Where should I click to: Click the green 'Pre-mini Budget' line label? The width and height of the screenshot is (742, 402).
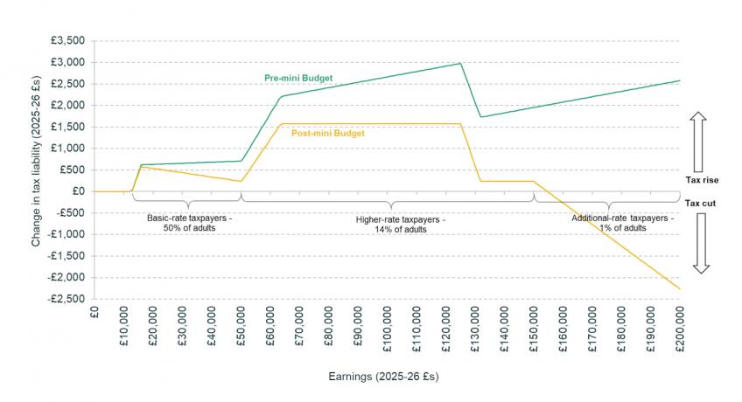coord(299,78)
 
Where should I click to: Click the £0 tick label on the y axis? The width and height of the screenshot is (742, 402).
coord(77,191)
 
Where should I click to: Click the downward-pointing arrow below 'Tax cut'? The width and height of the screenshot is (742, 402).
coord(699,242)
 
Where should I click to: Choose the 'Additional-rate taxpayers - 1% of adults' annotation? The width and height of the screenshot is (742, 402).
coord(622,222)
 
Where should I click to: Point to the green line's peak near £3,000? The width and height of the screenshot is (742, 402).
coord(460,63)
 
